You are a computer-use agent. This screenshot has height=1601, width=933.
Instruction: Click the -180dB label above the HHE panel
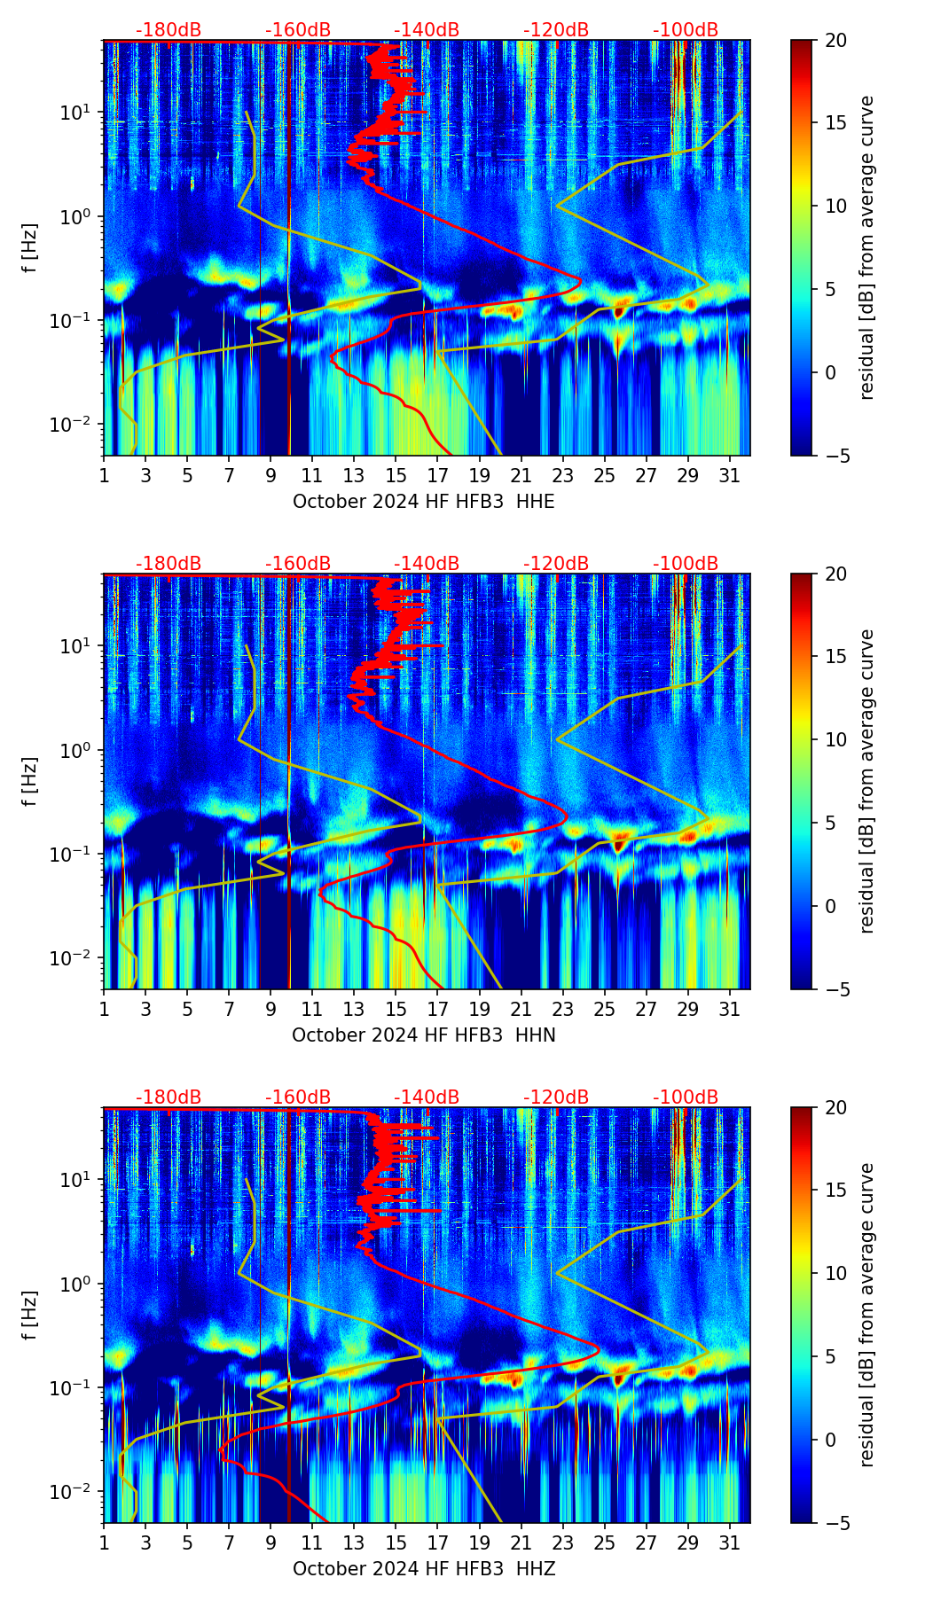[169, 30]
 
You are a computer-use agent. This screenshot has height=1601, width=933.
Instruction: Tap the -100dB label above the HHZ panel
[686, 1097]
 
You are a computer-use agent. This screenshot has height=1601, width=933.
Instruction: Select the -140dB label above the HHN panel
[427, 564]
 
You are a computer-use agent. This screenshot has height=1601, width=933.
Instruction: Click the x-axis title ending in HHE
[423, 502]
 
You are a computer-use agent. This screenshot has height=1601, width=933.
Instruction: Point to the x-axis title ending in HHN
[423, 1035]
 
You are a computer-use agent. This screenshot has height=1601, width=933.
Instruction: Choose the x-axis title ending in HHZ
[423, 1569]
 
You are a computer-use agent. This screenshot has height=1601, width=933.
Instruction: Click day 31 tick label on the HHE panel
[729, 475]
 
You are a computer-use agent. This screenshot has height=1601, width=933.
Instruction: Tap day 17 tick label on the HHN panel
[437, 1009]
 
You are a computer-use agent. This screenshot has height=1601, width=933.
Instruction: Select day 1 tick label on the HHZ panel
[105, 1542]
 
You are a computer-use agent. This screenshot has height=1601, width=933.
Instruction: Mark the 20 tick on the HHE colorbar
[836, 41]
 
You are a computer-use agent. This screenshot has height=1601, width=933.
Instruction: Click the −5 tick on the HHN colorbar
[836, 989]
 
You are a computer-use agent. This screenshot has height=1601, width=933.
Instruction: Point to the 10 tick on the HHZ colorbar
[836, 1274]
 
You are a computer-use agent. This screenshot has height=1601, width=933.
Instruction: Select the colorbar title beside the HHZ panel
[867, 1315]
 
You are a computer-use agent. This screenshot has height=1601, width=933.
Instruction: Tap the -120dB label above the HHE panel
[556, 30]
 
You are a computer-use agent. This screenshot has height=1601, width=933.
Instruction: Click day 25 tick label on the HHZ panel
[604, 1542]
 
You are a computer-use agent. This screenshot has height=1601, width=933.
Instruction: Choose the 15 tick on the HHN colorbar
[836, 657]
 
